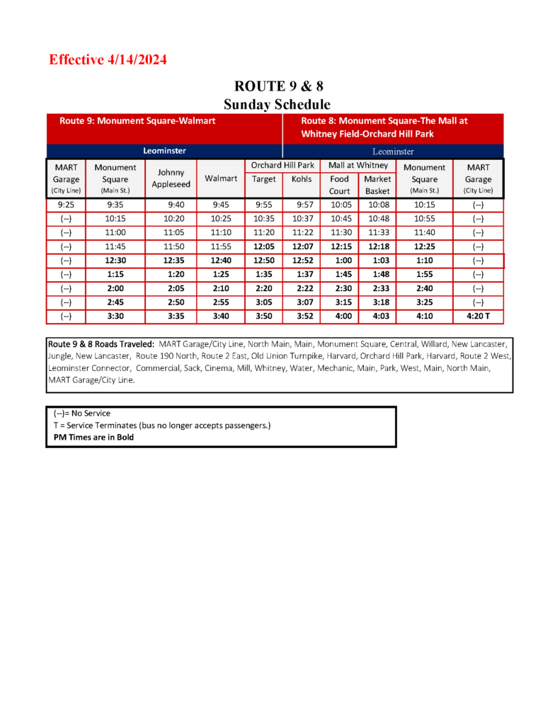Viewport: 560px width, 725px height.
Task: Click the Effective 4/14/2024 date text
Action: pos(108,60)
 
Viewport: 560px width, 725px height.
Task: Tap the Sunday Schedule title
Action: pos(278,104)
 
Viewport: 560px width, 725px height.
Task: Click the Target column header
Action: pos(264,179)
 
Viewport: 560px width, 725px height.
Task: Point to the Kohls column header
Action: pos(301,179)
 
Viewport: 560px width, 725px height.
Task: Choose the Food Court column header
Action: pos(339,185)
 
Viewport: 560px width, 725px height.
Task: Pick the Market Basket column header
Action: pos(377,185)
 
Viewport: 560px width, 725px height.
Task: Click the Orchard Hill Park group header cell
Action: pos(282,165)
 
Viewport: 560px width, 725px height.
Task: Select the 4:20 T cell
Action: pos(478,316)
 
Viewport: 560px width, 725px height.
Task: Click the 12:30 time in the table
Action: pos(115,261)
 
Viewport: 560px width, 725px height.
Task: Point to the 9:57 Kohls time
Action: pos(301,205)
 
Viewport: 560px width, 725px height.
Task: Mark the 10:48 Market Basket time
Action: pos(377,219)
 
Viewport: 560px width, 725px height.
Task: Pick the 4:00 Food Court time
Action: pos(339,316)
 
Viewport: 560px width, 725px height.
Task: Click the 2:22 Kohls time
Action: pos(301,289)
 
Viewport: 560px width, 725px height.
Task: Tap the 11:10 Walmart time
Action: pos(221,232)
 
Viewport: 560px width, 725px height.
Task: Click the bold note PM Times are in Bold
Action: pos(94,437)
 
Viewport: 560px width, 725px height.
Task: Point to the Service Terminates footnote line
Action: pos(162,425)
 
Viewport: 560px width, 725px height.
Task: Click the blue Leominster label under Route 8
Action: pos(393,151)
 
